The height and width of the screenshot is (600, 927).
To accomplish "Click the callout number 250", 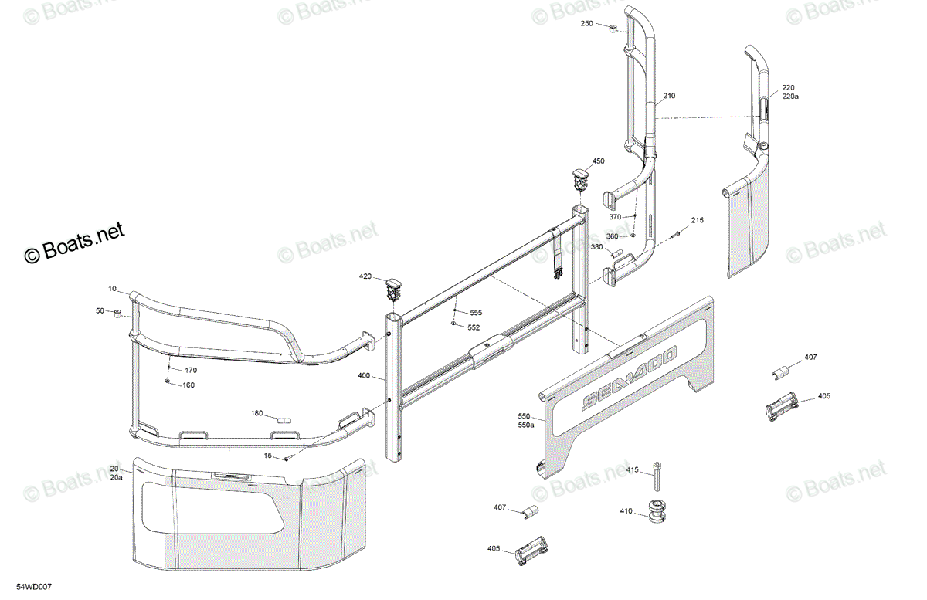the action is pyautogui.click(x=586, y=24).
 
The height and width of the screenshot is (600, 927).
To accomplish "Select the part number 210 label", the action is pyautogui.click(x=669, y=96).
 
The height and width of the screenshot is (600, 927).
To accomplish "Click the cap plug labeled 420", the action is pyautogui.click(x=394, y=290).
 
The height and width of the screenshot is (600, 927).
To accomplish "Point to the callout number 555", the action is pyautogui.click(x=476, y=313).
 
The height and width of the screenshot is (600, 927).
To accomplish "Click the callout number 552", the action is pyautogui.click(x=474, y=327).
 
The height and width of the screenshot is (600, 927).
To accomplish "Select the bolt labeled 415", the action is pyautogui.click(x=657, y=476).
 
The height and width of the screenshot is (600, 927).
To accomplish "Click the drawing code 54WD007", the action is pyautogui.click(x=34, y=587).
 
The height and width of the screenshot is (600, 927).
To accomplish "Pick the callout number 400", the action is pyautogui.click(x=364, y=376).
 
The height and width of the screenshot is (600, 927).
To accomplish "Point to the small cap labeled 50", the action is pyautogui.click(x=117, y=314).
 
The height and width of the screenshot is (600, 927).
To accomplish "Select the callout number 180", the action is pyautogui.click(x=257, y=413).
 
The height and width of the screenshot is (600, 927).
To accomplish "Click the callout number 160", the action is pyautogui.click(x=188, y=385).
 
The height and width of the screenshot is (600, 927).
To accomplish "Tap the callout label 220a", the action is pyautogui.click(x=790, y=97).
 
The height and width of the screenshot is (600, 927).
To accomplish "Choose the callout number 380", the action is pyautogui.click(x=596, y=247).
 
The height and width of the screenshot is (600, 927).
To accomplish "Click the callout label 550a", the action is pyautogui.click(x=526, y=425).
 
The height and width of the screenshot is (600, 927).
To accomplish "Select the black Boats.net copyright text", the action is pyautogui.click(x=74, y=242).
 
